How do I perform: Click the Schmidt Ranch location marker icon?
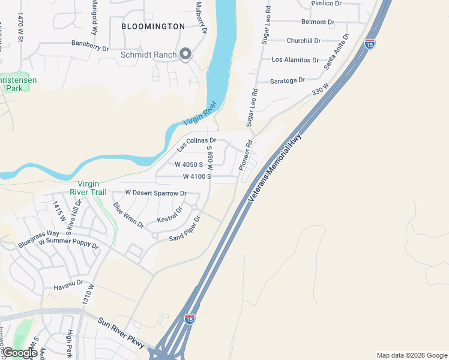(185, 55)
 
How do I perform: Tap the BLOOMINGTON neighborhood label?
(153, 26)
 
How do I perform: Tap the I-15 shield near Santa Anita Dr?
(370, 44)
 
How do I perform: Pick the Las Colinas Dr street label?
(196, 144)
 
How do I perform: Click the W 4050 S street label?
(193, 164)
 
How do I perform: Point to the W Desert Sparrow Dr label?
(155, 193)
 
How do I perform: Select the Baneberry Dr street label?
(90, 44)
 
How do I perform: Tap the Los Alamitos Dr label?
(295, 60)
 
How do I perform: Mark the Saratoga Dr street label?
(288, 80)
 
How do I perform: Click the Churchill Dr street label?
(304, 41)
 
